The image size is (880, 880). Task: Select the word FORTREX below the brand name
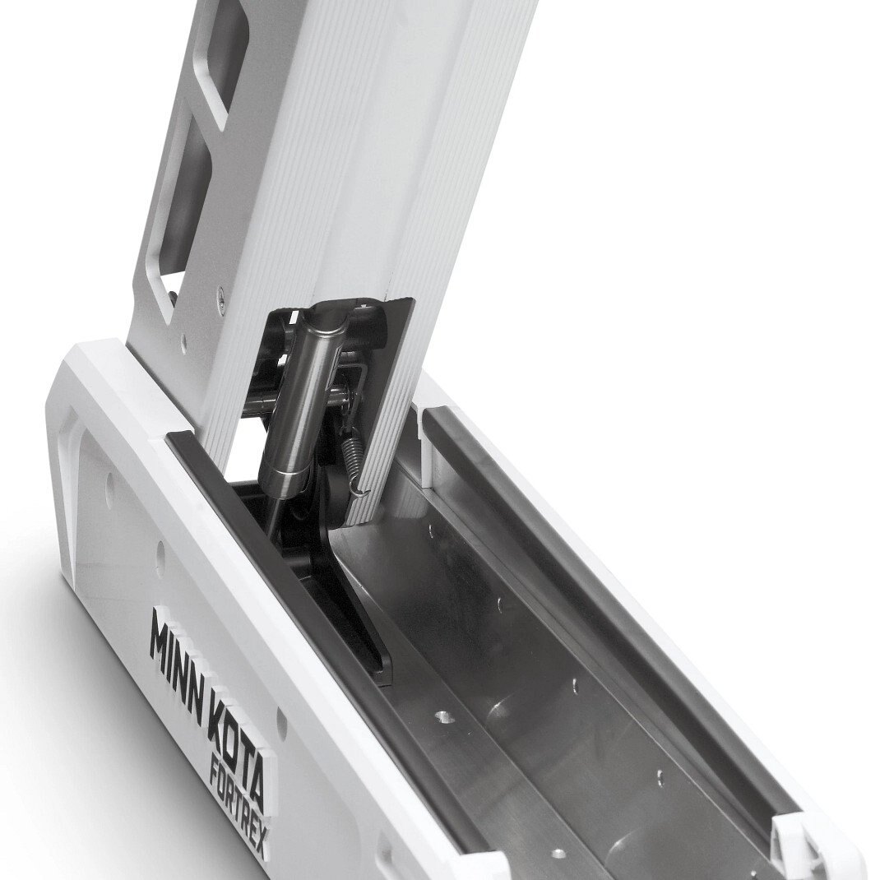[x=241, y=813]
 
